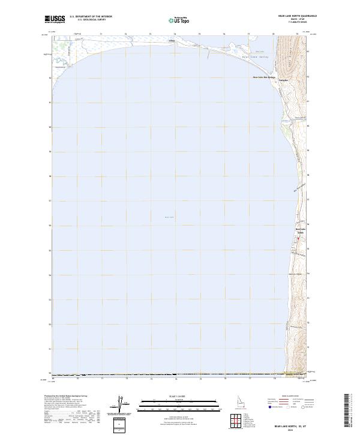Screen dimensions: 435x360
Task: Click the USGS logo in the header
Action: pyautogui.click(x=55, y=19)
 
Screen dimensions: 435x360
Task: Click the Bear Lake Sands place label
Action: pyautogui.click(x=300, y=230)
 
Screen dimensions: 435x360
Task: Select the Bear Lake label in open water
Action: pyautogui.click(x=169, y=217)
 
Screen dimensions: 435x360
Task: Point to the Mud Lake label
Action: pyautogui.click(x=259, y=53)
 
